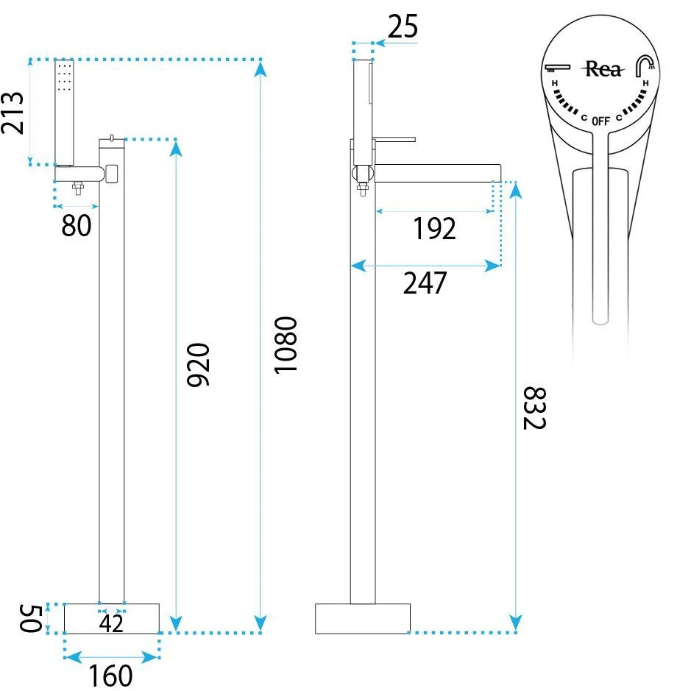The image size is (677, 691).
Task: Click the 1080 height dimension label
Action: (x=286, y=345)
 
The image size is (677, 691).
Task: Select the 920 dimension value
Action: (x=199, y=365)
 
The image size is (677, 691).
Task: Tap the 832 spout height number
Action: (x=534, y=408)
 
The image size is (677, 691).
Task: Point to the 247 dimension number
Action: (x=425, y=283)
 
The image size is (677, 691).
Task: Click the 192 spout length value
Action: (x=435, y=229)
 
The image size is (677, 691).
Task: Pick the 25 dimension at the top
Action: (x=403, y=26)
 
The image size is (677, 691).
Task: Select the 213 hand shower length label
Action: (x=13, y=113)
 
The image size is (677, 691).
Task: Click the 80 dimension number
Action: (x=77, y=226)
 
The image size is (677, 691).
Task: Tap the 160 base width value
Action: (x=110, y=676)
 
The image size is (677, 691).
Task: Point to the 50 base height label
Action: (x=31, y=618)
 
